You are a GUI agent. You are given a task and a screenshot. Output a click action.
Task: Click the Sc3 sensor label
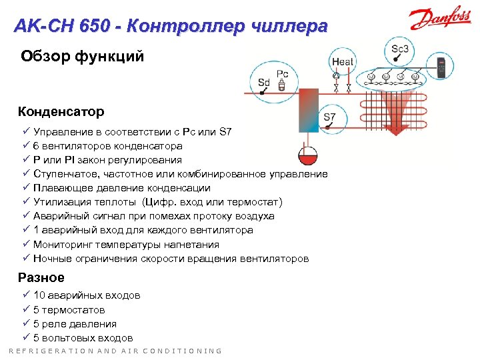(x=400, y=49)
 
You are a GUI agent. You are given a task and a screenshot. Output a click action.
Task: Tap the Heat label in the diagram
(x=342, y=62)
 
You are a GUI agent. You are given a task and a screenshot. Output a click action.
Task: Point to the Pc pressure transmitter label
(x=282, y=73)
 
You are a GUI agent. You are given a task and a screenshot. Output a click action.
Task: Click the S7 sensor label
(x=329, y=117)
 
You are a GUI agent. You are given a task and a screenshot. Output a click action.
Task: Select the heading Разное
(x=41, y=277)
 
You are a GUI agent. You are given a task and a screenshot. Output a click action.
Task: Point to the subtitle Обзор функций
(x=82, y=57)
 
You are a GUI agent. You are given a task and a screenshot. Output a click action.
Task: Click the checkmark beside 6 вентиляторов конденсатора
(x=26, y=145)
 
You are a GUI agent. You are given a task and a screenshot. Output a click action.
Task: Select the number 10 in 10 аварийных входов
(x=39, y=295)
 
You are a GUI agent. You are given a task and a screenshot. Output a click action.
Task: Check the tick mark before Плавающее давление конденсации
(x=26, y=188)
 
